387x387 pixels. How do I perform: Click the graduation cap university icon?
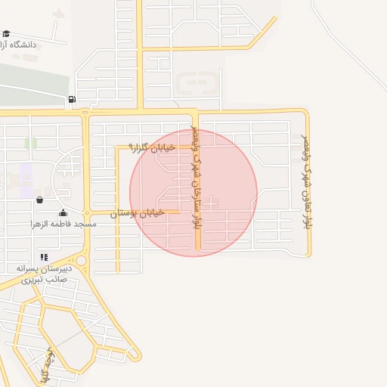(x=6, y=34)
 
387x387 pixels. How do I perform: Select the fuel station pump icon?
(x=72, y=99)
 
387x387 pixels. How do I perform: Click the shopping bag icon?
(x=39, y=200)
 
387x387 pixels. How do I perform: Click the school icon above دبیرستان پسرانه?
(x=44, y=258)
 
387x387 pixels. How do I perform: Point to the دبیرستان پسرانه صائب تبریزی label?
(x=45, y=274)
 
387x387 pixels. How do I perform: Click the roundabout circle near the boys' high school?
(x=82, y=262)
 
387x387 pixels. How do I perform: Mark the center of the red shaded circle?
(x=193, y=193)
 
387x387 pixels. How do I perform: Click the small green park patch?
(x=30, y=143)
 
